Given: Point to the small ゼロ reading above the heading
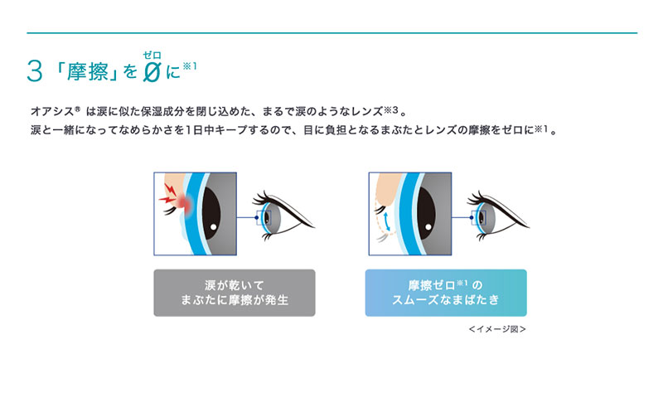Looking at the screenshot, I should coord(151,54).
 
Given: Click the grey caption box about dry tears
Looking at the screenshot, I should coord(234,292).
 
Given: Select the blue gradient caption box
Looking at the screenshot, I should coord(445,292).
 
